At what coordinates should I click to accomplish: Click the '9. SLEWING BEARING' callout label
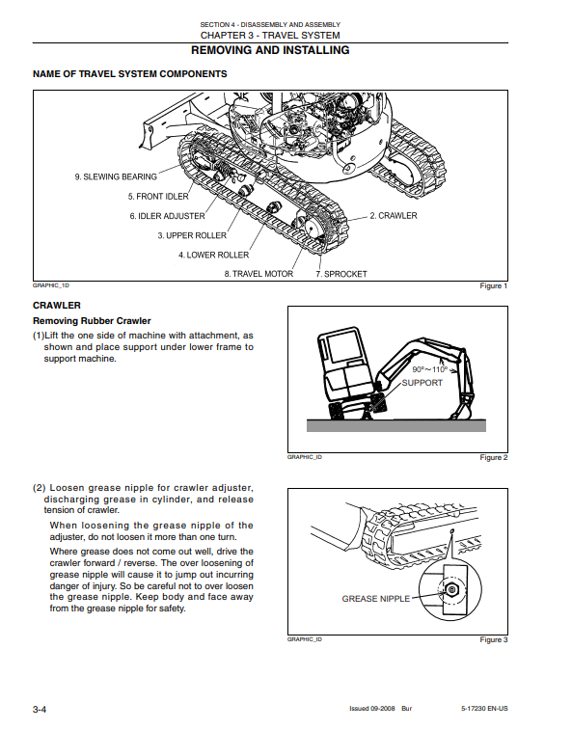coord(116,176)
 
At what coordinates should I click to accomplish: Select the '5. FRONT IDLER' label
coord(158,197)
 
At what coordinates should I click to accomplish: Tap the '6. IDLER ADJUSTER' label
coord(167,216)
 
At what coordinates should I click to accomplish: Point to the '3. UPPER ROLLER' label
coord(192,235)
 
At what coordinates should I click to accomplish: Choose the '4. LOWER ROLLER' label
coord(214,256)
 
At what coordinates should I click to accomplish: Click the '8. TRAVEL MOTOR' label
coord(259,274)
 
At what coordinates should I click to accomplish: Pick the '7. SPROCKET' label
coord(341,274)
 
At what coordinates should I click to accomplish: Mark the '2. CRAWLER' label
coord(394,216)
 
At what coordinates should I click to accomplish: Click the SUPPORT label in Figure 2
coord(422,383)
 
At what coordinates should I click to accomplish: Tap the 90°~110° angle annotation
coord(429,369)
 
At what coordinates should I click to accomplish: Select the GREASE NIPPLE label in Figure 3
coord(376,599)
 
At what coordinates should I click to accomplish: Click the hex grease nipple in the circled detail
coord(450,590)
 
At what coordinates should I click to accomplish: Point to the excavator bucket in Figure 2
coord(460,410)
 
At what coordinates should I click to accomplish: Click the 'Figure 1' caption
coord(494,285)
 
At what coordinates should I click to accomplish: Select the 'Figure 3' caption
coord(494,639)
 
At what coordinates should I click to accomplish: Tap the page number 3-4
coord(40,710)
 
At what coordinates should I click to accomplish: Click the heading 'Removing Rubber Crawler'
coord(92,321)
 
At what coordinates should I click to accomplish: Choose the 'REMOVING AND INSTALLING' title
coord(270,50)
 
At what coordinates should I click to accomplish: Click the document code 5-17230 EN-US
coord(484,709)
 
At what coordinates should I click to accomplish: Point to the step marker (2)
coord(40,488)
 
